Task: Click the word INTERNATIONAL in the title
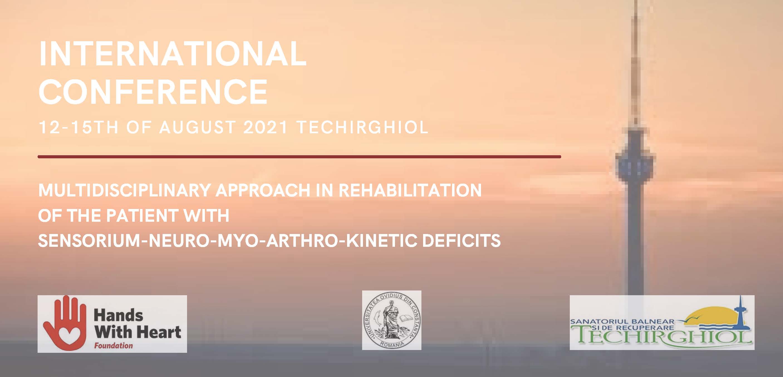point(172,54)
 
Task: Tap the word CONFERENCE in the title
point(153,92)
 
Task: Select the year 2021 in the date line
point(266,127)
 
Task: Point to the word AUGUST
point(198,127)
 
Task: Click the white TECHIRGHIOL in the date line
point(362,127)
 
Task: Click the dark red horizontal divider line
point(300,157)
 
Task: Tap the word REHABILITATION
point(410,191)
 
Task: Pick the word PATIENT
point(141,216)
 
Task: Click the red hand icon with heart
point(63,324)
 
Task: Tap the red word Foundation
point(113,345)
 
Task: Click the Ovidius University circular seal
point(391,320)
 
